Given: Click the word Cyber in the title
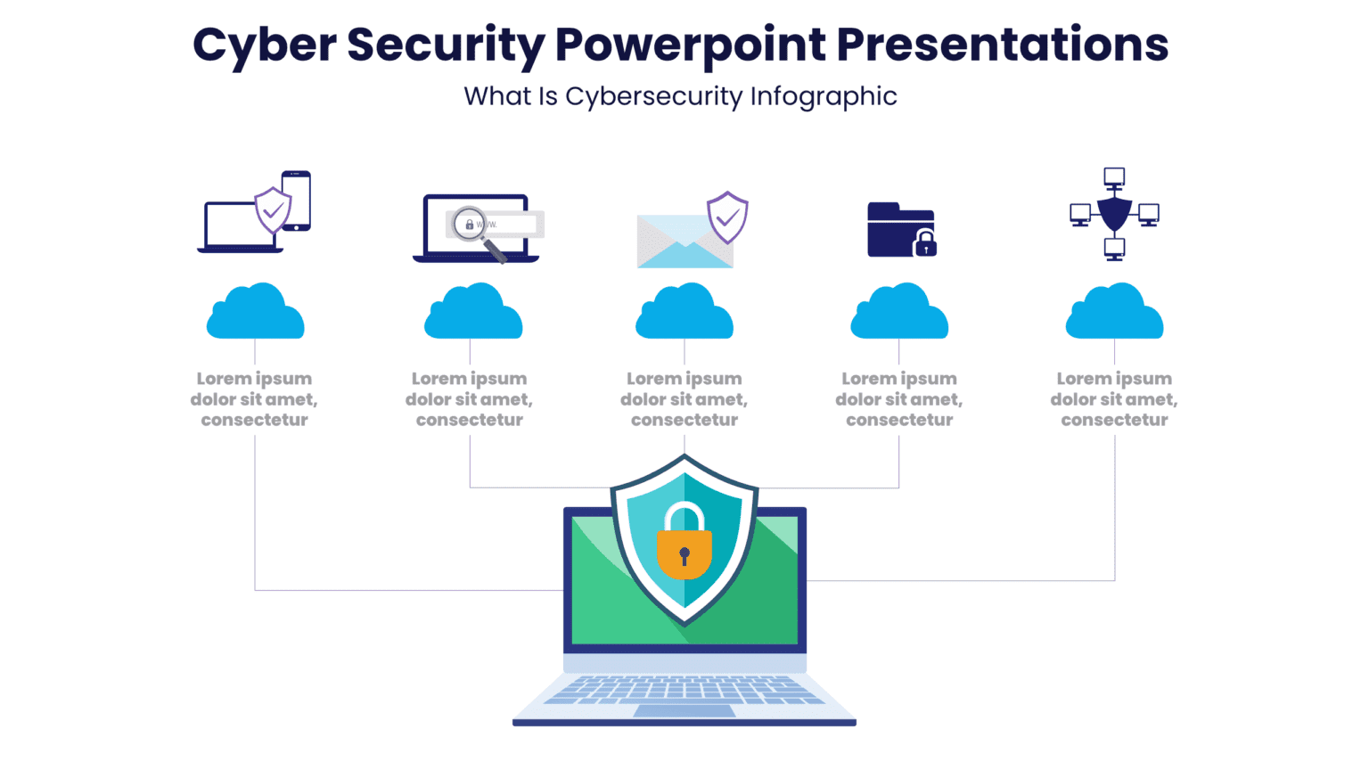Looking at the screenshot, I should tap(264, 45).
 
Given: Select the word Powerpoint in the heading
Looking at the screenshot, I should tap(691, 45).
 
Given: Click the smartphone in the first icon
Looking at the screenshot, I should tap(296, 201).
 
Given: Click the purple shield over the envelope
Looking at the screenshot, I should tap(727, 217).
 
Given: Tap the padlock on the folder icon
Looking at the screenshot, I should tap(925, 243).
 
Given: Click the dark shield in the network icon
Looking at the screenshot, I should tap(1114, 215).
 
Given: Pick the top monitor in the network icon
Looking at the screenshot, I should tap(1114, 176).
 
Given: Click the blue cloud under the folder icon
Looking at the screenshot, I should tap(899, 313).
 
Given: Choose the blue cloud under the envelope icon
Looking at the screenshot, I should tap(684, 313).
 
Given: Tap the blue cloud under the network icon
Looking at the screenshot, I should tap(1114, 313).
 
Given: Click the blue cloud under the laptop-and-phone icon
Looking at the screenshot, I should tap(255, 313).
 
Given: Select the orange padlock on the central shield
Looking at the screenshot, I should tap(684, 551).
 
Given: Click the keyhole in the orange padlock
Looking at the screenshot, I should tap(684, 556).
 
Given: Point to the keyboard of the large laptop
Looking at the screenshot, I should tap(684, 689).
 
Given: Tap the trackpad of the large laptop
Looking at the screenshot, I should tap(684, 711).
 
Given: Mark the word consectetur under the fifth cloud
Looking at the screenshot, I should tap(1114, 420).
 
